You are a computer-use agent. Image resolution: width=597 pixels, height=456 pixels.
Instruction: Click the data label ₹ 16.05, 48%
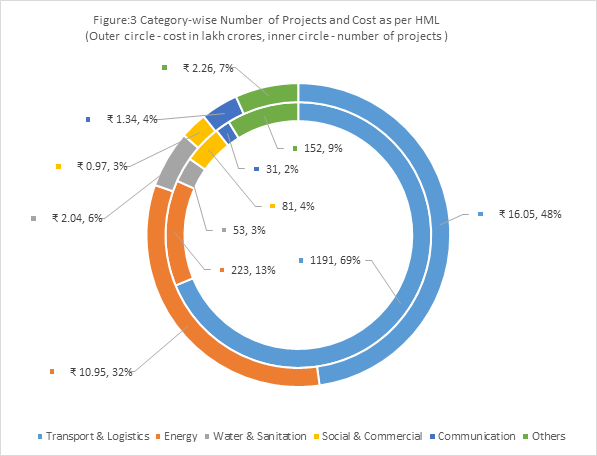click(530, 214)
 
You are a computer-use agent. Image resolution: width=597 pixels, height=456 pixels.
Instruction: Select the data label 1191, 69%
click(335, 260)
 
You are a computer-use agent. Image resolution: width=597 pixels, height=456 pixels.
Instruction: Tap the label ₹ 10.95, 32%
click(101, 372)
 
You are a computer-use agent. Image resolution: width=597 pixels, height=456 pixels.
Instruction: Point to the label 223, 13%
click(253, 270)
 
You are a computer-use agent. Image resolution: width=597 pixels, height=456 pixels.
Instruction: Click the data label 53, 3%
click(249, 230)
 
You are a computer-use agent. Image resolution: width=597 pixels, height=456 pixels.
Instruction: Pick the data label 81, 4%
click(298, 206)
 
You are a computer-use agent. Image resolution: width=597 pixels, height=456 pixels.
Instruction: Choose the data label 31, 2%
click(282, 169)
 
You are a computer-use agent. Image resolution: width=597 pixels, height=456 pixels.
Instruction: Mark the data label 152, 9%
click(323, 148)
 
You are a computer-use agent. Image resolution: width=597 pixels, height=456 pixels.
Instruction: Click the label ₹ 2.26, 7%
click(208, 68)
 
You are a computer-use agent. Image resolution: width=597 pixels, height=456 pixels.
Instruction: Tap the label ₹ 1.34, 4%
click(132, 120)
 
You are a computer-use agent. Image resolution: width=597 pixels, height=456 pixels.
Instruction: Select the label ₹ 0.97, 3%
click(102, 166)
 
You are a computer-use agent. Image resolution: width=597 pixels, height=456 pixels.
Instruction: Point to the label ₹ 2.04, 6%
click(77, 218)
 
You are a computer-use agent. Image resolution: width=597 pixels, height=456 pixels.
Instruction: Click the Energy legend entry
click(177, 436)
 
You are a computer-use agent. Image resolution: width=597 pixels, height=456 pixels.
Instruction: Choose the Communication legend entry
click(472, 436)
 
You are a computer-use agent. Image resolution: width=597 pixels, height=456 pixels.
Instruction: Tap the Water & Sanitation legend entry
click(255, 436)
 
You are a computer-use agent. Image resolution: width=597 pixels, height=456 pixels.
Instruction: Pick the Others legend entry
click(544, 436)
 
